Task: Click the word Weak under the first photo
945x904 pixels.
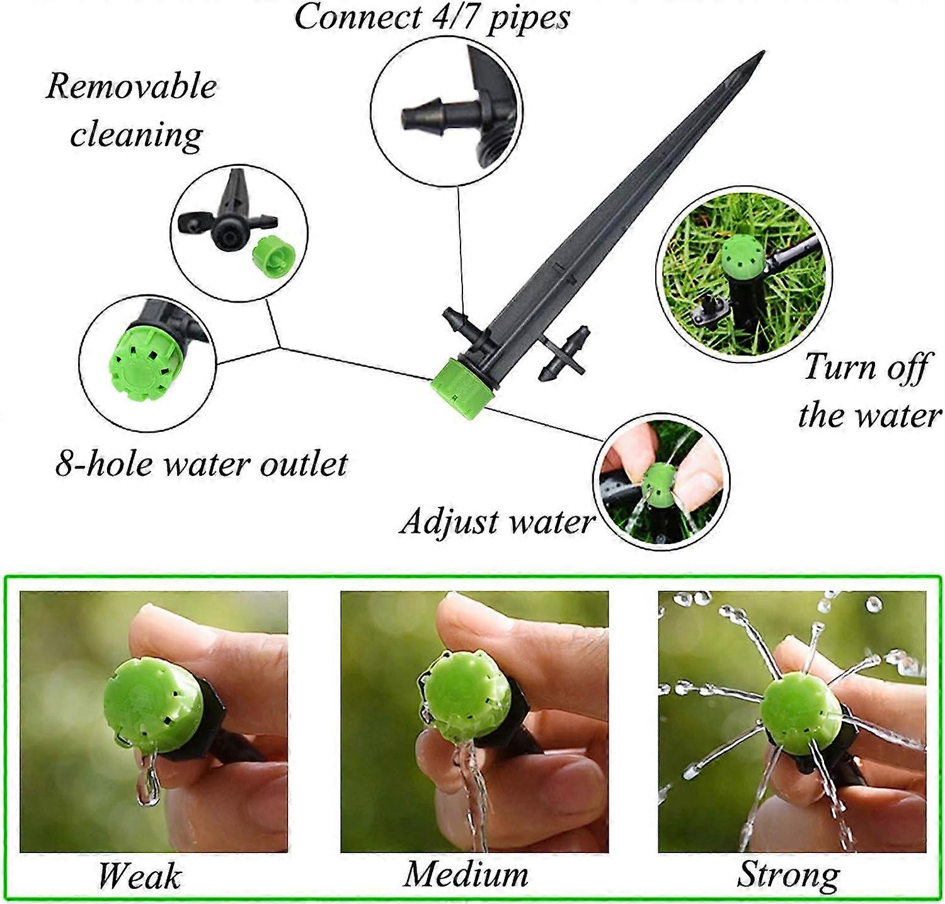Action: tap(139, 876)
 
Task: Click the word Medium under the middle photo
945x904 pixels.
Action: tap(466, 874)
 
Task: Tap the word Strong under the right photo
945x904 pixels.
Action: tap(789, 876)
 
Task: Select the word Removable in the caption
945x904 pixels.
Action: tap(131, 86)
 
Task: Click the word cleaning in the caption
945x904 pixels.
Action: tap(136, 135)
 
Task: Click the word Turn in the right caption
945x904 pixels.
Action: tap(837, 366)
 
